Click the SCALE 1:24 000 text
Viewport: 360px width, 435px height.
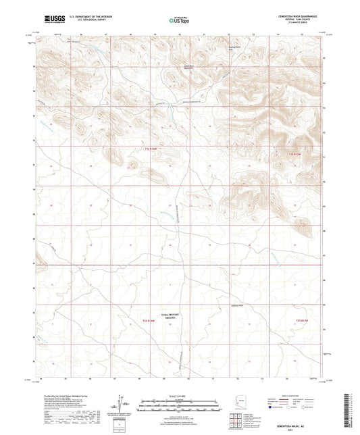pos(178,395)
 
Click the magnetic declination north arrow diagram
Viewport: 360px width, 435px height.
pos(124,405)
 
